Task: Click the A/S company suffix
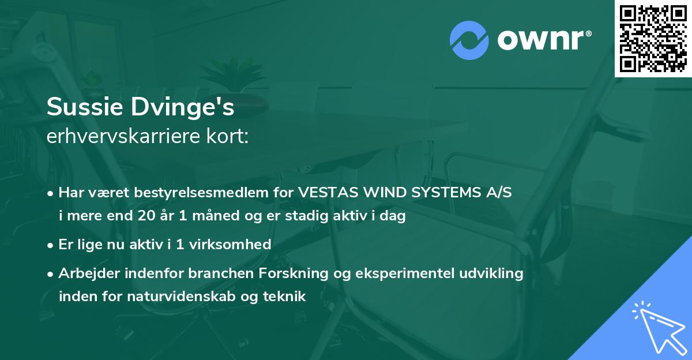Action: [x=499, y=193]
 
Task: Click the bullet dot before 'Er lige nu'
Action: [x=51, y=245]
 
